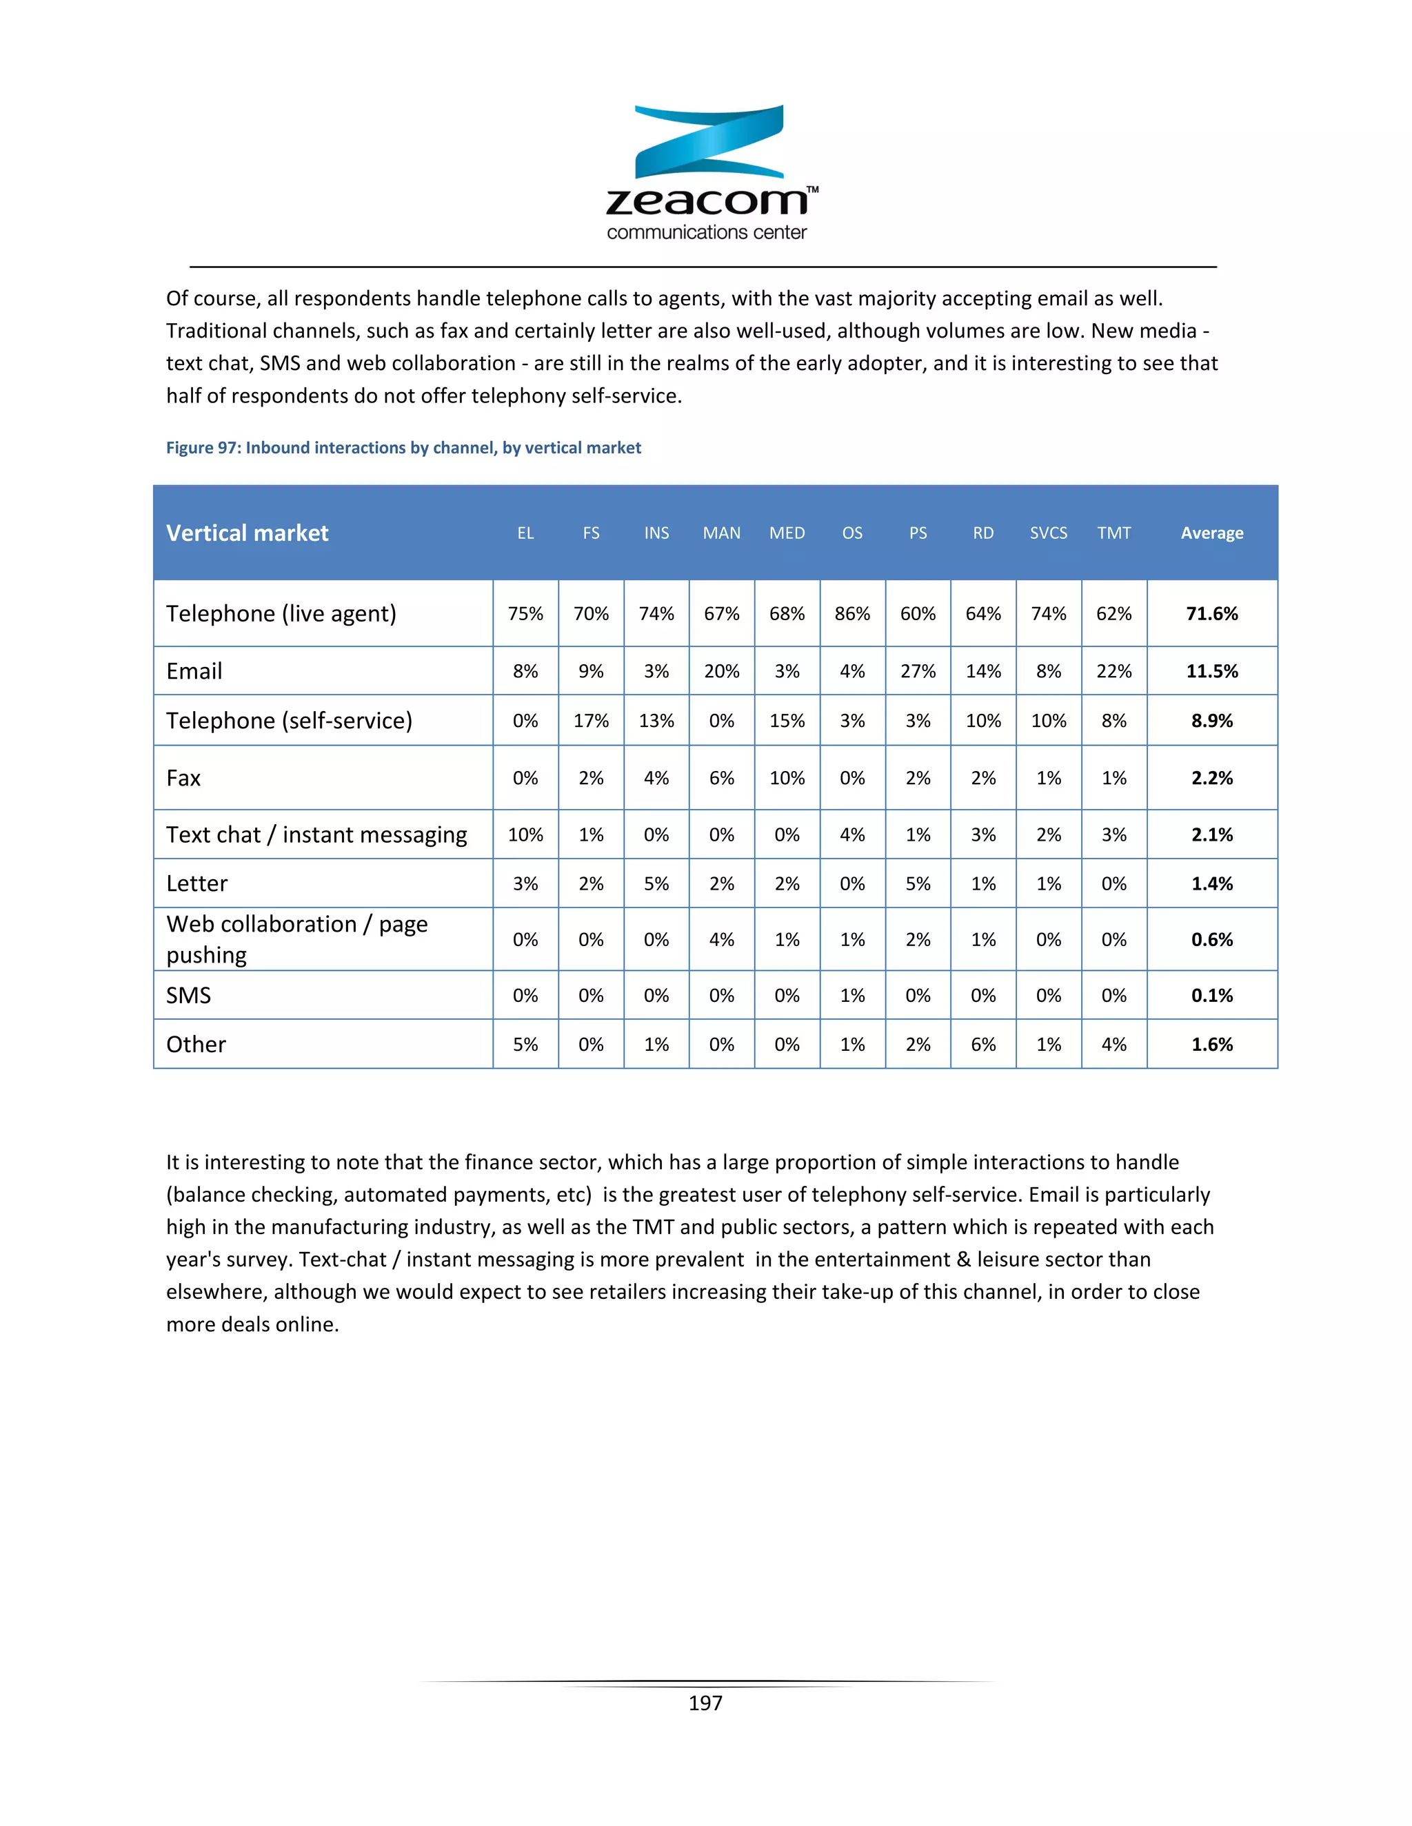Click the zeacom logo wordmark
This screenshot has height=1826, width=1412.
(707, 201)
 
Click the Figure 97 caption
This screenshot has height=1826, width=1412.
(403, 447)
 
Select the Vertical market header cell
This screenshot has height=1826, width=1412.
(248, 533)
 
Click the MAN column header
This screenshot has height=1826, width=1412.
(721, 533)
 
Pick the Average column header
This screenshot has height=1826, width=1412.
(1211, 533)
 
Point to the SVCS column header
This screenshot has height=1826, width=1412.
(1048, 533)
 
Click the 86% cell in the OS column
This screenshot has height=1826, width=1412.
(851, 614)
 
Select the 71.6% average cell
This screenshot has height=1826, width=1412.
(1211, 614)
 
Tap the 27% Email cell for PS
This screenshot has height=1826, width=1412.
(918, 671)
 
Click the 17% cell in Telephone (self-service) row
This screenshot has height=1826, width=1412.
(591, 721)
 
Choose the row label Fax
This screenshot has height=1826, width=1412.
(183, 779)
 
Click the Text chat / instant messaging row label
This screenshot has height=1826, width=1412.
(316, 834)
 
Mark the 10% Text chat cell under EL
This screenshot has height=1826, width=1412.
(525, 834)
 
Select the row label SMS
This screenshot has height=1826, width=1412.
(188, 995)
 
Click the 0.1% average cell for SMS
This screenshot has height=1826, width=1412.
(1211, 995)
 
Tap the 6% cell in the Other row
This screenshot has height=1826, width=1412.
(983, 1044)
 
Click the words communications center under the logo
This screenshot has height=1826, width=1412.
(707, 232)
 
